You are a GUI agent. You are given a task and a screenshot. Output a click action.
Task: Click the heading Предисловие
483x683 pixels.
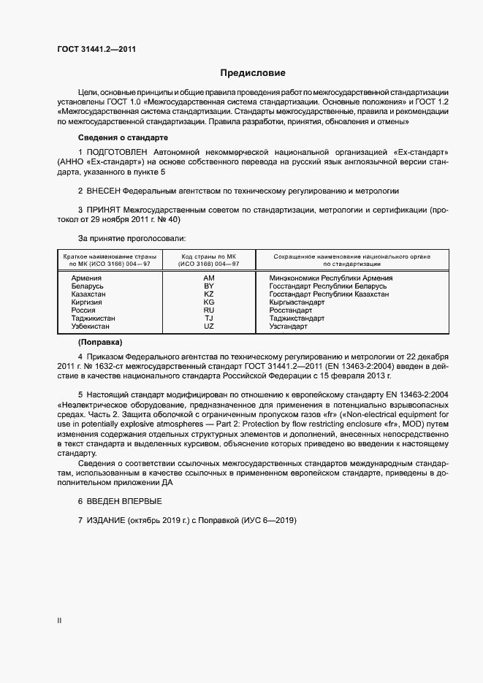pos(254,73)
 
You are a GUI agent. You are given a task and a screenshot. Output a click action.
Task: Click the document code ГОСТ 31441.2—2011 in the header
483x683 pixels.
pos(96,49)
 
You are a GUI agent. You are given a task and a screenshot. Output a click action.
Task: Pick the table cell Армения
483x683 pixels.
pos(87,278)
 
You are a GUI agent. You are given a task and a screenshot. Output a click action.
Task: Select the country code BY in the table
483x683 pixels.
pos(208,286)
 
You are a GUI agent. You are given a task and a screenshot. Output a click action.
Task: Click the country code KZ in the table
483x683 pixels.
pos(208,294)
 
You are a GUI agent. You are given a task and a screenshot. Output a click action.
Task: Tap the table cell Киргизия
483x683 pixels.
pos(87,302)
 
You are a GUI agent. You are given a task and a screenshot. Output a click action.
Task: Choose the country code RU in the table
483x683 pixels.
pos(208,310)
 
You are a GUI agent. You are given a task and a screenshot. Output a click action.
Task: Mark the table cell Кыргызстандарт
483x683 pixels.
pos(297,302)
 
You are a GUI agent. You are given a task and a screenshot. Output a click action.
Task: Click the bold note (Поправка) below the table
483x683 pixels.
pos(100,342)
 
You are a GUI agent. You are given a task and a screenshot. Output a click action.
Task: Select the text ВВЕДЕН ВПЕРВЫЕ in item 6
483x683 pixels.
pos(124,501)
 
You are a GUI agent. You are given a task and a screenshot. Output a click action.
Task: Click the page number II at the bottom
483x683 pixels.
pos(59,621)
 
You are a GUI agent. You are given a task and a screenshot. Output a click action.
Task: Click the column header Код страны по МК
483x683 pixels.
pos(208,257)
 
